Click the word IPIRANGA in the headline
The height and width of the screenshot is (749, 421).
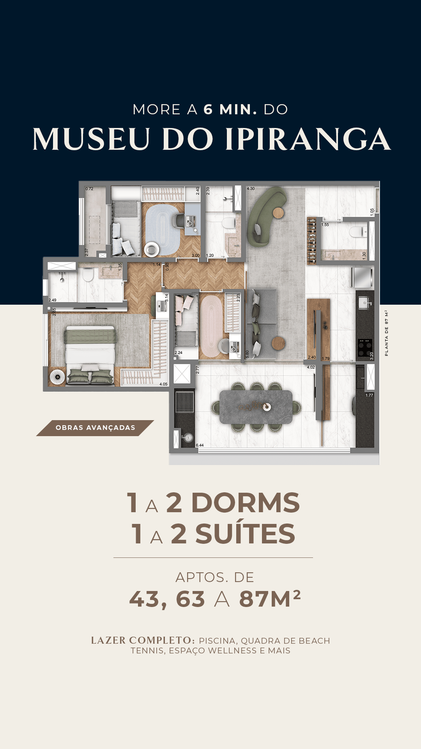point(308,139)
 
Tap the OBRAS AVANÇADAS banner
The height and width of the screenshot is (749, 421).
point(95,428)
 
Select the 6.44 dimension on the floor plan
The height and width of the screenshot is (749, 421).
point(200,445)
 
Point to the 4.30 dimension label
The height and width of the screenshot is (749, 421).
point(251,189)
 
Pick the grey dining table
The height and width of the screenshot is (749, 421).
point(256,407)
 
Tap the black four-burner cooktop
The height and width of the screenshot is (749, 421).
point(365,348)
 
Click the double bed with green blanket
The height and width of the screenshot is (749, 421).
point(90,355)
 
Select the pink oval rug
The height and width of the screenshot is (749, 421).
point(211,326)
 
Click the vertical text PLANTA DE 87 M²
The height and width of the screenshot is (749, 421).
point(386,333)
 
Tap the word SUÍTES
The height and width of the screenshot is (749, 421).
point(245,533)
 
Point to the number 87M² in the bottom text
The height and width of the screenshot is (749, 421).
point(270,599)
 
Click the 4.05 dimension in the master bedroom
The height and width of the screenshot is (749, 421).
point(163,384)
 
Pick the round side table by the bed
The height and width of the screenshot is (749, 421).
point(58,377)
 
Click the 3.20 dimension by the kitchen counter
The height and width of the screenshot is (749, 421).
point(371,355)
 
